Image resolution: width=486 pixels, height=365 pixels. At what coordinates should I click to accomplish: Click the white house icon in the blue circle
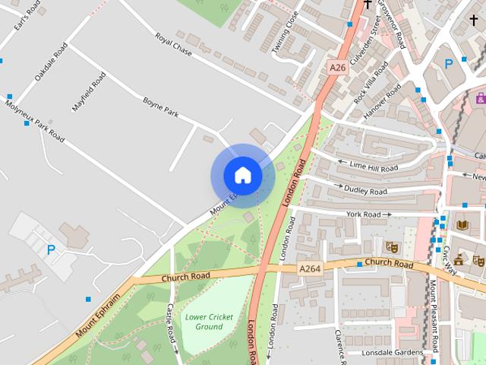pos(242,175)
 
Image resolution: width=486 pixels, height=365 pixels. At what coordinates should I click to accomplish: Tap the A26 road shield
pos(338,68)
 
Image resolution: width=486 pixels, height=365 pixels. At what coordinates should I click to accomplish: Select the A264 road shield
pos(309,268)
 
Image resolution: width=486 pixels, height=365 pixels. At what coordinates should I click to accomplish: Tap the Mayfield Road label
pos(89,92)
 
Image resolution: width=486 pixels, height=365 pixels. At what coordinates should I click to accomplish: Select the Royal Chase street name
pos(173,46)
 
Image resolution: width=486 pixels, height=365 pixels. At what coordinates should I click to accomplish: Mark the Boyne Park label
pos(160,106)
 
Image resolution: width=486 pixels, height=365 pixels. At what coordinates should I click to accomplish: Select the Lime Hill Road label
pos(373,166)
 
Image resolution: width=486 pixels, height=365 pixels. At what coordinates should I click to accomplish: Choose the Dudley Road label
pos(366,190)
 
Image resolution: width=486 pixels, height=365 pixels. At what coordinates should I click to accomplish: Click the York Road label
pos(363,215)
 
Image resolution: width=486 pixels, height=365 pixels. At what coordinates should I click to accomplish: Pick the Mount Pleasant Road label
pos(434,316)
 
